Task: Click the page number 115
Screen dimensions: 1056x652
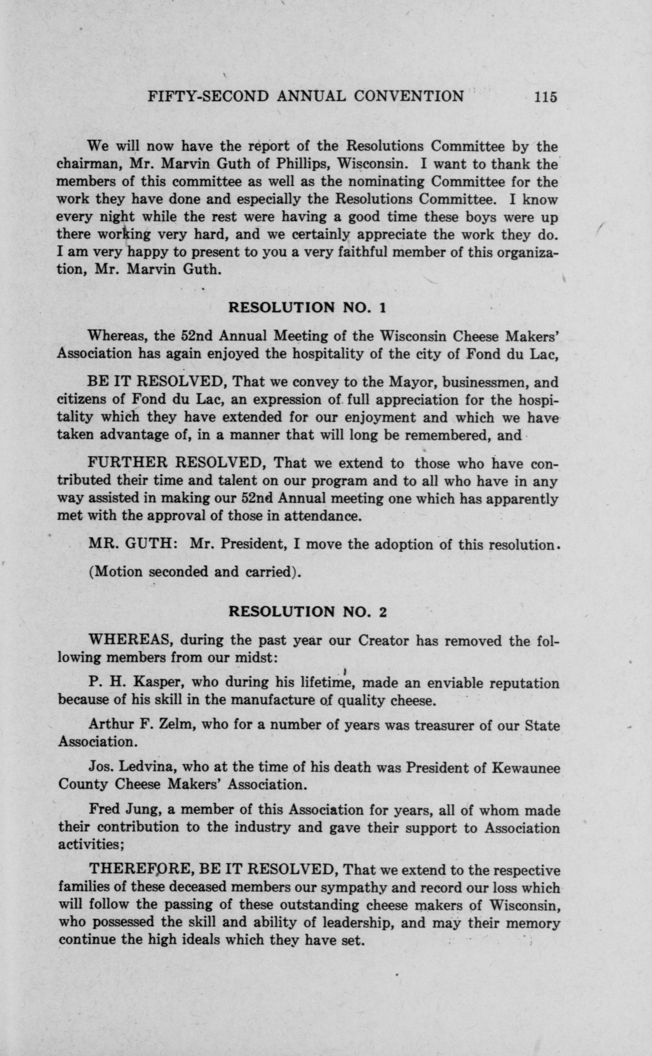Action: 545,96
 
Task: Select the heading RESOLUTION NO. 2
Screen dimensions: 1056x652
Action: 307,612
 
